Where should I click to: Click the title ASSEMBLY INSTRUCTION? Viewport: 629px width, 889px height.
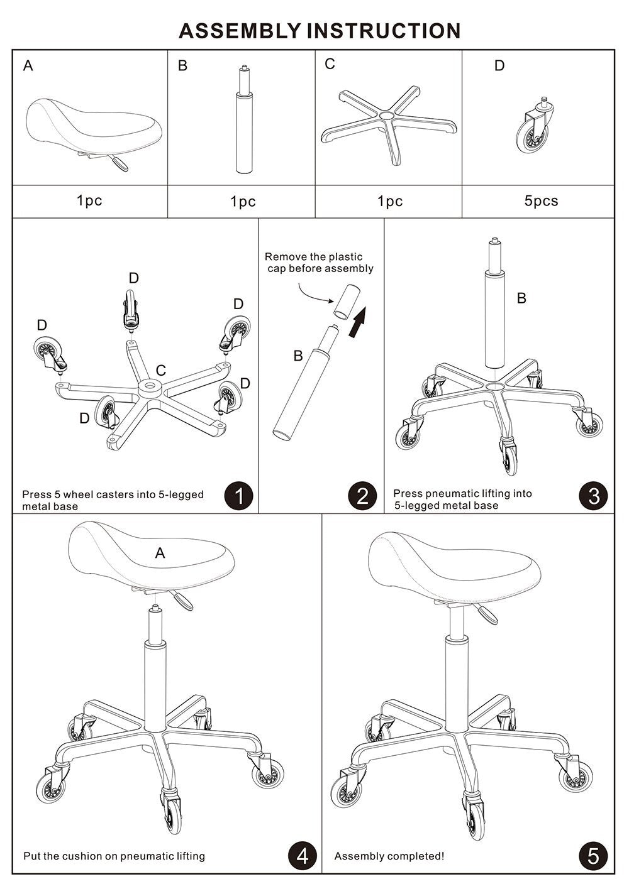coord(320,30)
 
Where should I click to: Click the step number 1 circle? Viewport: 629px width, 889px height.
coord(238,496)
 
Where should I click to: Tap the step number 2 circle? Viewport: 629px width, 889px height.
coord(362,496)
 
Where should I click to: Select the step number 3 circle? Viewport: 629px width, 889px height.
coord(593,496)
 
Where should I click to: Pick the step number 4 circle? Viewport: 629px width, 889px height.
coord(303,856)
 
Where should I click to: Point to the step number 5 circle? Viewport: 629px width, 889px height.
coord(593,856)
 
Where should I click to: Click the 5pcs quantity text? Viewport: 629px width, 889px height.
coord(541,201)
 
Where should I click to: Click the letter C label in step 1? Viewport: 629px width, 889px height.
coord(160,371)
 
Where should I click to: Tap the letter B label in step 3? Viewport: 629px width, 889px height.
coord(521,298)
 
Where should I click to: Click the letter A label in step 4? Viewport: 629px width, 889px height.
coord(160,553)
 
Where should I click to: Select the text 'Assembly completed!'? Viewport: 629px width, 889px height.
coord(389,856)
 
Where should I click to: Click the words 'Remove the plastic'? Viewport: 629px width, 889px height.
coord(313,256)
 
